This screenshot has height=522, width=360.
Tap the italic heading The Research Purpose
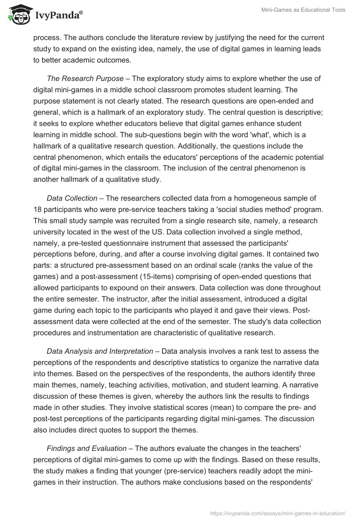tap(82, 78)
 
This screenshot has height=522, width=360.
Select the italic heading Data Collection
tap(72, 198)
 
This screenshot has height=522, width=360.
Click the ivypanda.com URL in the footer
tap(278, 513)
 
